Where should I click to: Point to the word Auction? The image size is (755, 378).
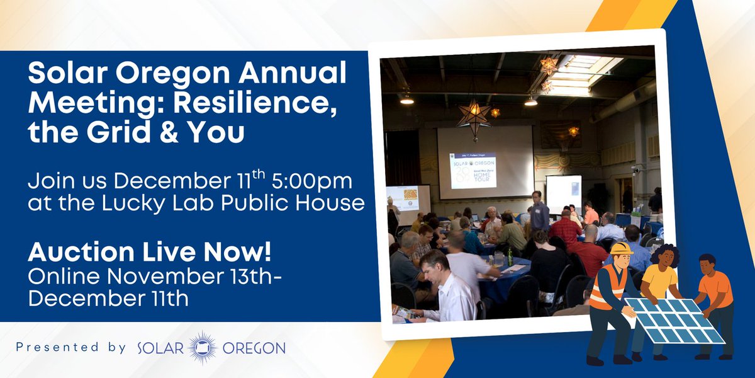(x=75, y=252)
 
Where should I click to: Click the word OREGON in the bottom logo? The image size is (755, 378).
(x=255, y=348)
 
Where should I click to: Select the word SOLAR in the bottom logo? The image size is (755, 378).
(x=160, y=348)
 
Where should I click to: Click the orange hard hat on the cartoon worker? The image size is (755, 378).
(x=621, y=248)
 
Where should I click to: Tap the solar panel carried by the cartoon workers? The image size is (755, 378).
(x=676, y=319)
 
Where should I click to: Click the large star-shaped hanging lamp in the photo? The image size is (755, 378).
(x=474, y=115)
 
